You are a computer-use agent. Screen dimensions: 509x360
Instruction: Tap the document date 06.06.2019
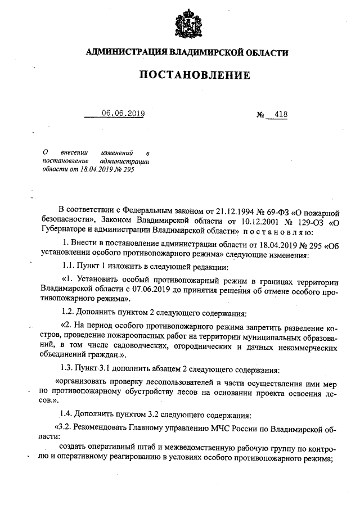pos(123,114)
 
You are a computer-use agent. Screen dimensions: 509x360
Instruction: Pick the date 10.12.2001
pos(246,222)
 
